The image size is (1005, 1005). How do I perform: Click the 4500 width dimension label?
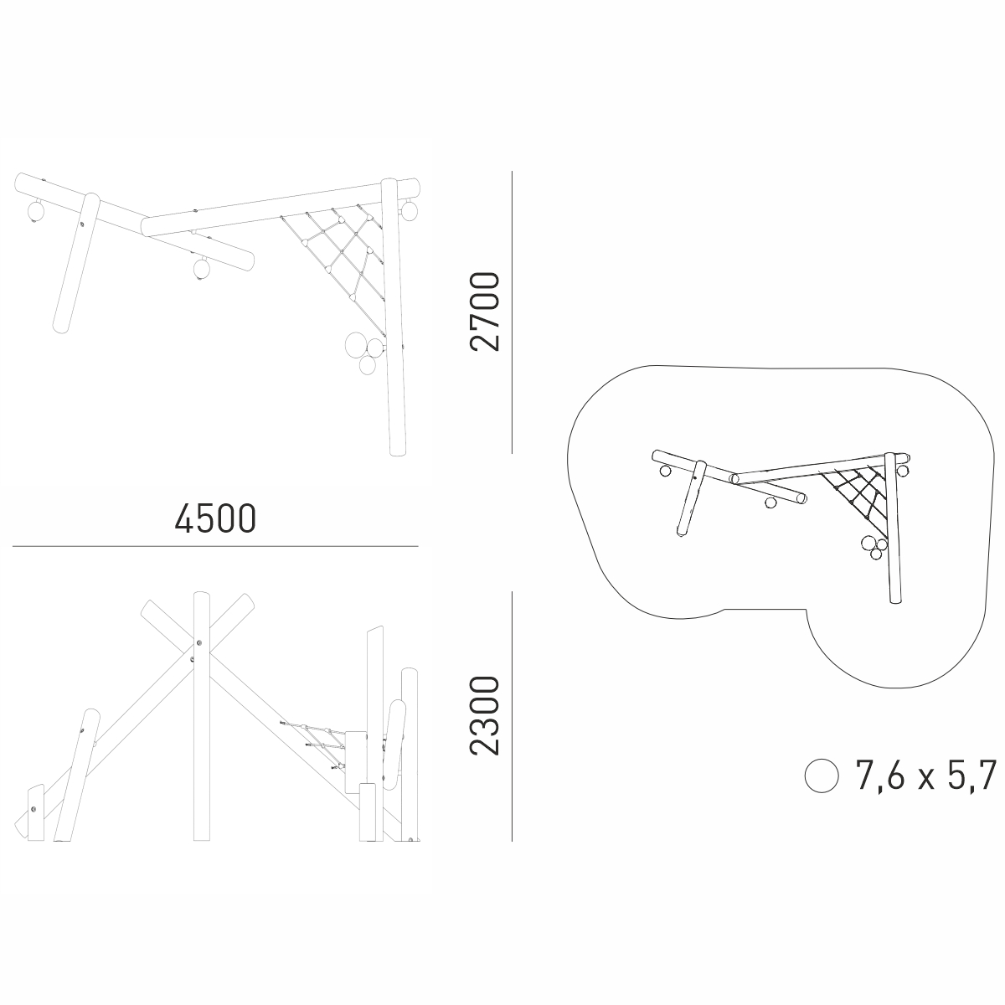(215, 518)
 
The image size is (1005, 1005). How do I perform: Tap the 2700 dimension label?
(485, 312)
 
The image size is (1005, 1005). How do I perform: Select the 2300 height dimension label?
(485, 715)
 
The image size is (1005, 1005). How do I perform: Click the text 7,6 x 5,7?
(925, 776)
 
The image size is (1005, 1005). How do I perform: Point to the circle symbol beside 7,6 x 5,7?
(822, 776)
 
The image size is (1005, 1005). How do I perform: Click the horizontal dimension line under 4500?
(215, 546)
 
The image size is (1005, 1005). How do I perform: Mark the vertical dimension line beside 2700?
(513, 312)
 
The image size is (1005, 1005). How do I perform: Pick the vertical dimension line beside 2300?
(513, 717)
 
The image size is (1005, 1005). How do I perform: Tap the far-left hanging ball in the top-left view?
(36, 211)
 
